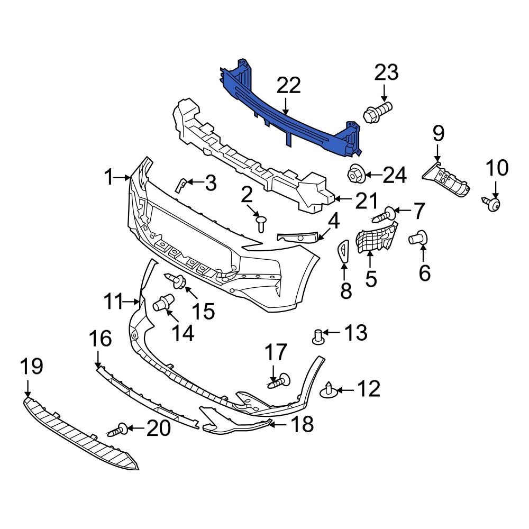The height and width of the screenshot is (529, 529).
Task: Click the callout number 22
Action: [288, 86]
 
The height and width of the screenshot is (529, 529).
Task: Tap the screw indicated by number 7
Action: [385, 215]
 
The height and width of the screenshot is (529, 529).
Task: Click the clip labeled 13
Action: [318, 336]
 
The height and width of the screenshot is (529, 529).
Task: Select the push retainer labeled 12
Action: [330, 391]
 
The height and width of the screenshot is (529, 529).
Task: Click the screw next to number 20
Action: [119, 430]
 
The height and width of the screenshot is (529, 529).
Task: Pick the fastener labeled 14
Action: [165, 304]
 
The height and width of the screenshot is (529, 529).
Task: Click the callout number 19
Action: [32, 366]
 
